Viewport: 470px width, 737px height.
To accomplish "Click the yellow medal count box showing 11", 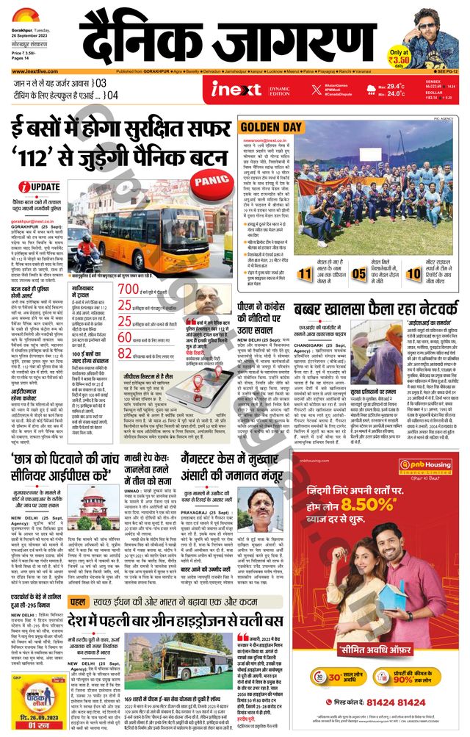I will click(x=306, y=275).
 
